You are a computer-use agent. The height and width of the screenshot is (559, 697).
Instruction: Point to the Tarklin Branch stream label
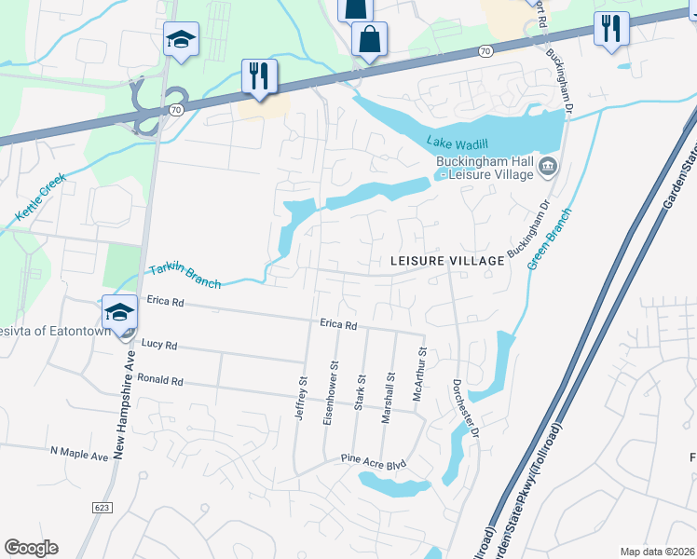tap(184, 276)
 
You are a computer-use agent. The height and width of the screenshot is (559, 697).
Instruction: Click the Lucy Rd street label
tap(158, 345)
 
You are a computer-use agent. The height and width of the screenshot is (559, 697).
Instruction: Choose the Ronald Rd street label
tap(160, 381)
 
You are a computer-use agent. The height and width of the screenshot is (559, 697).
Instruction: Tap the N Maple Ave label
tap(79, 452)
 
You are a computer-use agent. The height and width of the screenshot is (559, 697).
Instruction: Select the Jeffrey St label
tap(301, 399)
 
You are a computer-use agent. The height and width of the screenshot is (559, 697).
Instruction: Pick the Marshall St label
tap(387, 398)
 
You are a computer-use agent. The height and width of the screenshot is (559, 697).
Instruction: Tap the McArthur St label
tap(421, 373)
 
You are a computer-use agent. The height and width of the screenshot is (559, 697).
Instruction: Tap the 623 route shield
tap(102, 507)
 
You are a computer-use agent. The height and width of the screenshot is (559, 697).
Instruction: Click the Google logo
tap(31, 548)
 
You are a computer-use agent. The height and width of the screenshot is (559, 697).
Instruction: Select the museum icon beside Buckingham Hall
tap(547, 168)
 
